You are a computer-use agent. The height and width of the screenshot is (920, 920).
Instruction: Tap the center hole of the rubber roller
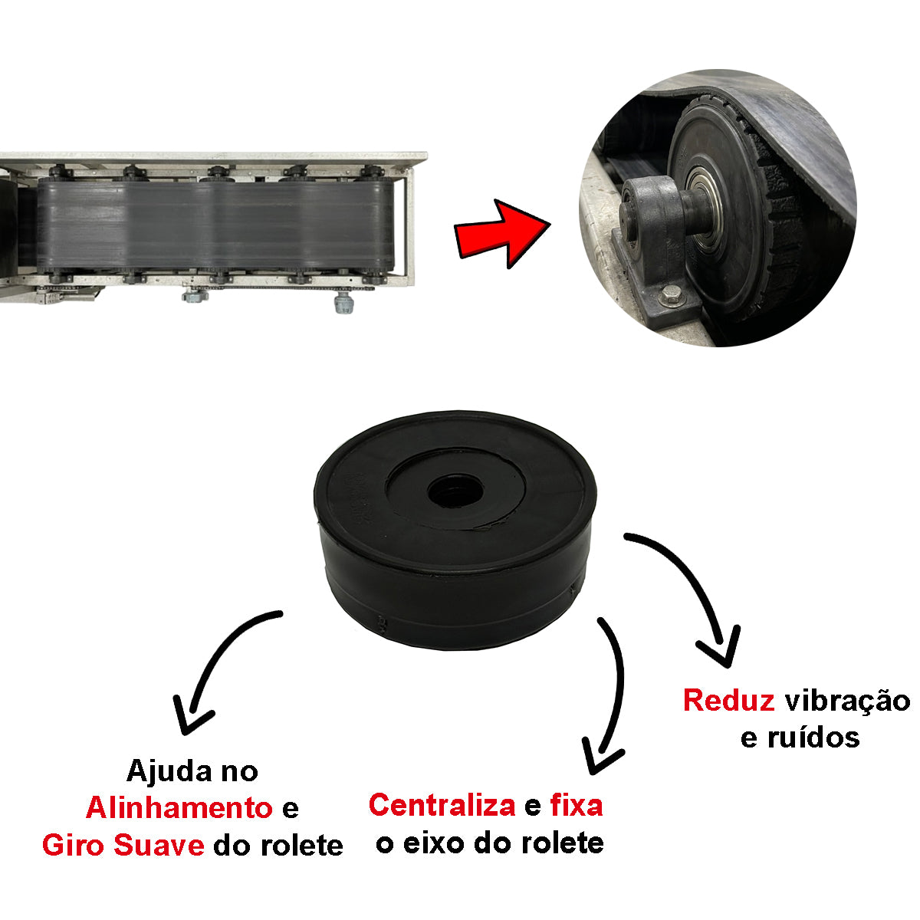[455, 491]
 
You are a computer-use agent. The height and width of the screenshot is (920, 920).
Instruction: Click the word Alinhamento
[179, 808]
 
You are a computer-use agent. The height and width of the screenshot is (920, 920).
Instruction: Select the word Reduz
[728, 701]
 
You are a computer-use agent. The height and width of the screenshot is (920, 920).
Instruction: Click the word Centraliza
[442, 806]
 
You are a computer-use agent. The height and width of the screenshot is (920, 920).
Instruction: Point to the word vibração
[848, 701]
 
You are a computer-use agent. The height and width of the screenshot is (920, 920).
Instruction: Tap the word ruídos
[813, 738]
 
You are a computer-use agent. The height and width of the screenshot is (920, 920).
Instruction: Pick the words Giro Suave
[123, 845]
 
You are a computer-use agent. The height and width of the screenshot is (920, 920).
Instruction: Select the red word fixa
[577, 806]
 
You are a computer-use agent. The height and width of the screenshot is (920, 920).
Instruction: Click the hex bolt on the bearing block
[670, 295]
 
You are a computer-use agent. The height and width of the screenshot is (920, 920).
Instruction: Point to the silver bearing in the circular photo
[704, 206]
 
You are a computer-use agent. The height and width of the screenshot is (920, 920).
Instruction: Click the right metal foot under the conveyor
[343, 303]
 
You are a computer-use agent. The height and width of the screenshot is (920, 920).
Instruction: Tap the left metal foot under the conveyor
[195, 296]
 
